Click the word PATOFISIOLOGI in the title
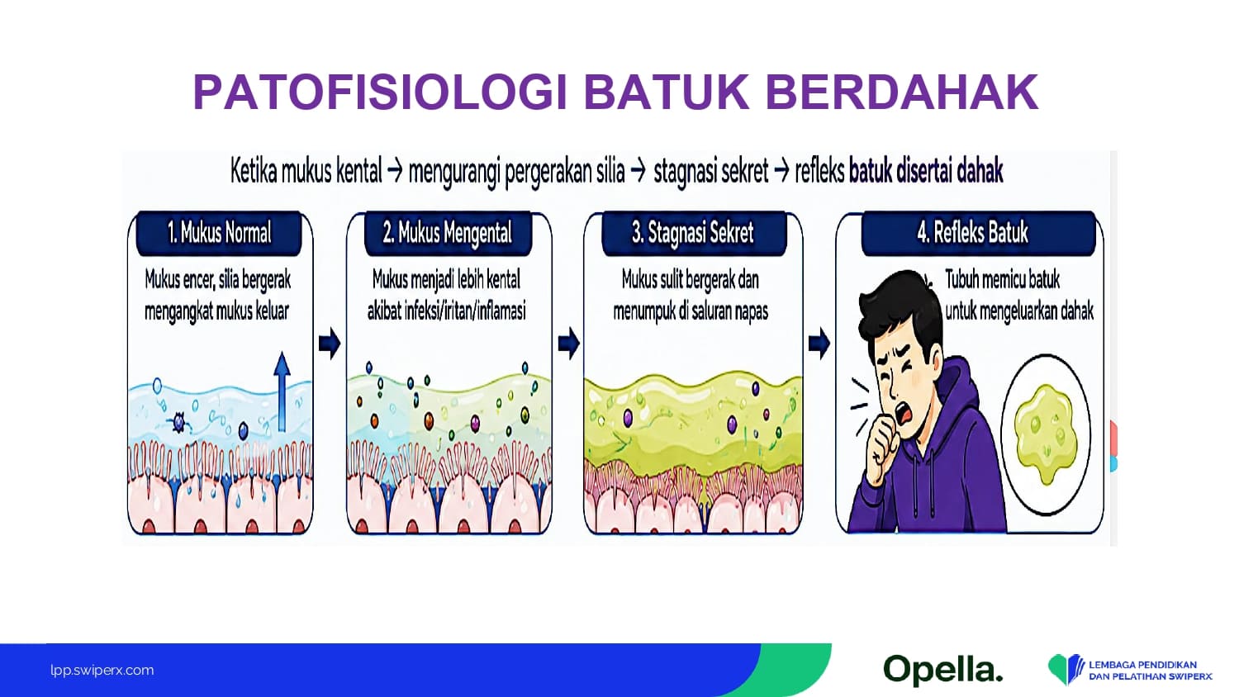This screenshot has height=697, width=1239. click(x=381, y=92)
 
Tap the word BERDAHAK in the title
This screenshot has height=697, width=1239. click(x=902, y=92)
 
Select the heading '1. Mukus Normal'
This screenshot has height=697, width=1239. click(x=219, y=232)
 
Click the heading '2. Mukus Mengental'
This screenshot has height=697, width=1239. click(x=448, y=232)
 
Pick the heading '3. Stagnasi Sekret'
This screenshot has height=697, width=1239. click(x=692, y=232)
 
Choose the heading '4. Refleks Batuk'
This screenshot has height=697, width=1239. click(x=972, y=232)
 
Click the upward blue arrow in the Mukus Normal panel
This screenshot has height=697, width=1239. click(x=282, y=391)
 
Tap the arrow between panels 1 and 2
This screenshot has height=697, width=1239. click(x=330, y=344)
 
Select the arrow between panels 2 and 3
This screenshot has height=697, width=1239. click(x=568, y=344)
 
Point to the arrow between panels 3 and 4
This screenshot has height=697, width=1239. click(x=819, y=344)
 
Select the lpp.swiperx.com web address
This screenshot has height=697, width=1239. click(x=102, y=671)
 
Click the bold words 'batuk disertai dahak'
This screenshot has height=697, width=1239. click(x=925, y=172)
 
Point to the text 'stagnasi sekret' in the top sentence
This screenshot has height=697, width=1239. click(x=710, y=172)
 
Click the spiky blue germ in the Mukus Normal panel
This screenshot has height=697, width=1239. click(x=179, y=423)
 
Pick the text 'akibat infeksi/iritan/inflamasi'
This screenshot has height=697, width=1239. click(x=446, y=311)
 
